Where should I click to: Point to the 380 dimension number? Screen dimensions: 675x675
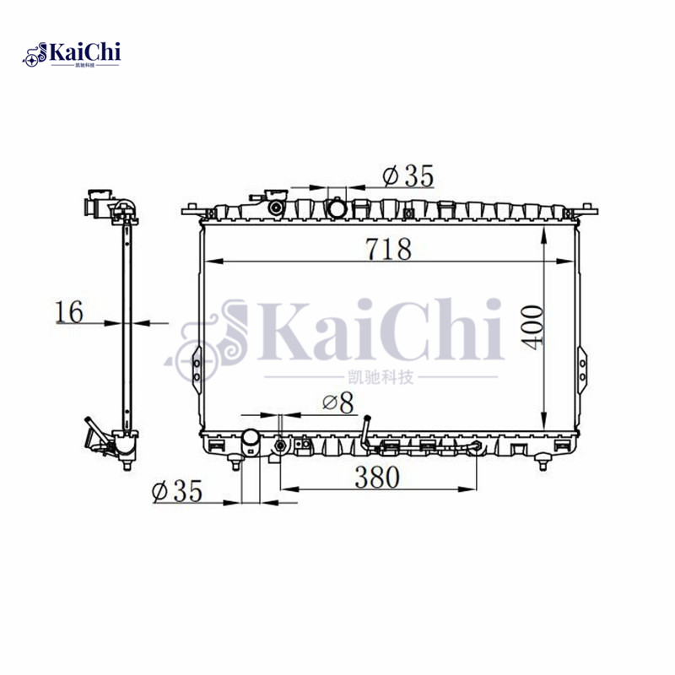pyautogui.click(x=375, y=477)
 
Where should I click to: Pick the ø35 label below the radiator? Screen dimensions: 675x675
pyautogui.click(x=177, y=491)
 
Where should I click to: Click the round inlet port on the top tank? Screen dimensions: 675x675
pyautogui.click(x=337, y=205)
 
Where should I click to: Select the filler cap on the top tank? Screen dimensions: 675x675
pyautogui.click(x=275, y=203)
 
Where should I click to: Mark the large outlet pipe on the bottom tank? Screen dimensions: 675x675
pyautogui.click(x=251, y=440)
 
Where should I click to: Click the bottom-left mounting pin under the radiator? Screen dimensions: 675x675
pyautogui.click(x=235, y=462)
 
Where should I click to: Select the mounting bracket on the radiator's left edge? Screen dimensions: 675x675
pyautogui.click(x=196, y=363)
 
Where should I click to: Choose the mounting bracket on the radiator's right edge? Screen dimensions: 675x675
pyautogui.click(x=580, y=363)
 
